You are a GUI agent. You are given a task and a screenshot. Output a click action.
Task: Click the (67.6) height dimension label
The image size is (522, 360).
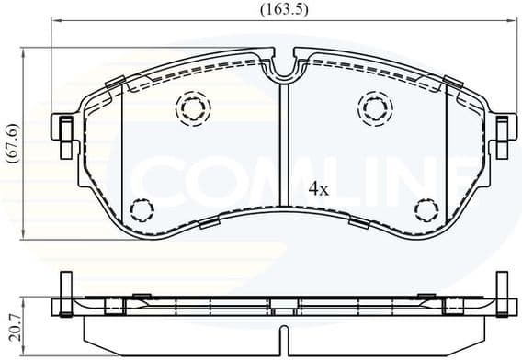click(x=12, y=143)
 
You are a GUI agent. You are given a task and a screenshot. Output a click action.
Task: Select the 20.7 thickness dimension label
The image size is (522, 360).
click(x=12, y=321)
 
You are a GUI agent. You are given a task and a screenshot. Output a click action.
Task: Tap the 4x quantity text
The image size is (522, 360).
click(x=318, y=189)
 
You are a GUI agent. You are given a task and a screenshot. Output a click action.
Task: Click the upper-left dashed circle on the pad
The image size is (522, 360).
click(x=193, y=108)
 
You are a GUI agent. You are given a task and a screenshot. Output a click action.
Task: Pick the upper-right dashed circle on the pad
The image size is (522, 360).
click(x=374, y=108)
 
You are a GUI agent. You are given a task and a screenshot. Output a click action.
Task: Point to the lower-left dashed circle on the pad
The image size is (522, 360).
click(x=141, y=210)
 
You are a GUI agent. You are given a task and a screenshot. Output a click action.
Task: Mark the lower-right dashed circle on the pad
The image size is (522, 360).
click(x=426, y=210)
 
